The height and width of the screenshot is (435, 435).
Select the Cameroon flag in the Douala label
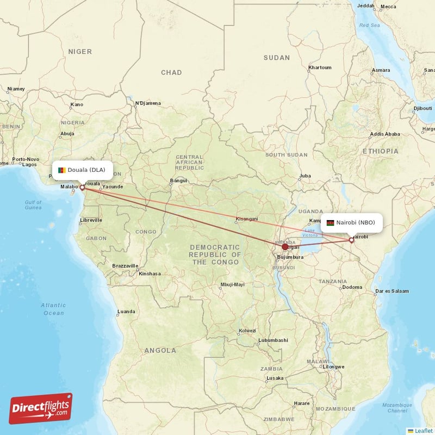[63, 170]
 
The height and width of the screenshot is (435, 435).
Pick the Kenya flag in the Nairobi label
[330, 222]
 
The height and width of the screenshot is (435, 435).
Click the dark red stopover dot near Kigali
[285, 247]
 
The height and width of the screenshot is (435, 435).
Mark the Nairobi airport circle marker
[352, 240]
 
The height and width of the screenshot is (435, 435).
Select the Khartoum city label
[320, 67]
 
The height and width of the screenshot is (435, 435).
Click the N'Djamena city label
[148, 103]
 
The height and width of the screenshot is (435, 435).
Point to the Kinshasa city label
[150, 274]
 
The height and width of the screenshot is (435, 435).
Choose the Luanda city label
[126, 312]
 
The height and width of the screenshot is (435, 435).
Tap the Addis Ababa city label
[384, 134]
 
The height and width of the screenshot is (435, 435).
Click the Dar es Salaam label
[391, 291]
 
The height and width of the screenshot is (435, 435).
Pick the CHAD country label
[171, 72]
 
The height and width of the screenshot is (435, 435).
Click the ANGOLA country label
[160, 351]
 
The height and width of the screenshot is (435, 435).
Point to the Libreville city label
[91, 220]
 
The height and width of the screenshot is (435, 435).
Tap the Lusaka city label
[275, 378]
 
